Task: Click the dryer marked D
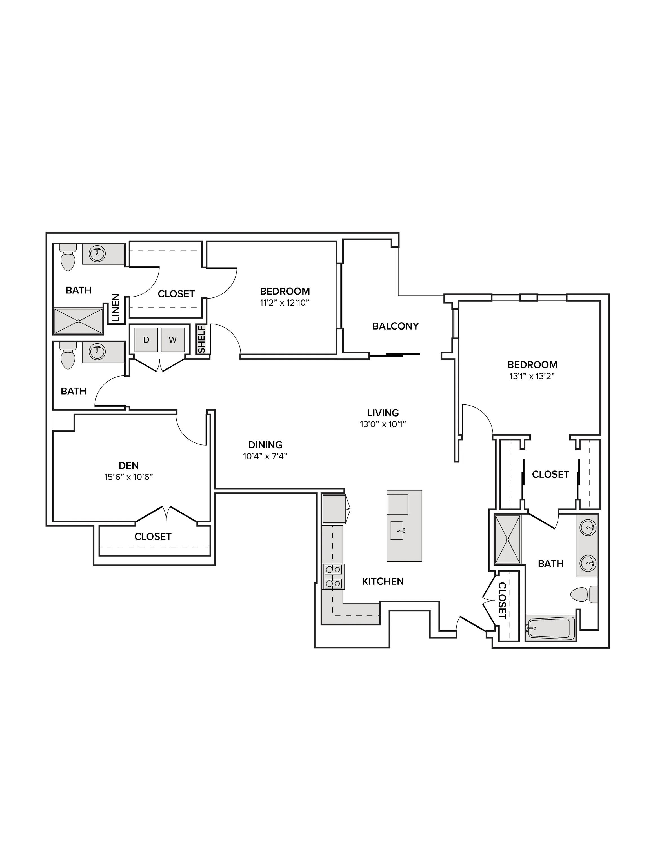click(x=146, y=340)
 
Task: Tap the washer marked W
click(x=172, y=340)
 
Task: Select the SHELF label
click(x=201, y=339)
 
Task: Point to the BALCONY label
click(x=395, y=326)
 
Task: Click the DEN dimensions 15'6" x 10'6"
click(x=128, y=477)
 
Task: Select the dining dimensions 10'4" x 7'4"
click(x=265, y=456)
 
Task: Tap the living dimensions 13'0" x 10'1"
click(x=383, y=424)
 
